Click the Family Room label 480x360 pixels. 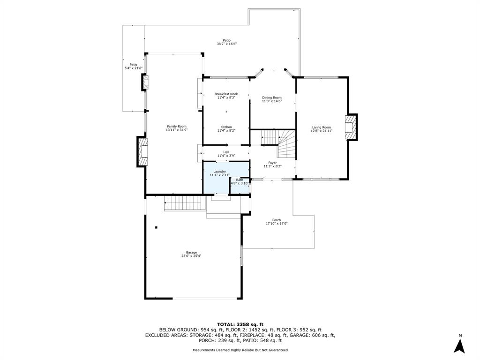tap(177, 127)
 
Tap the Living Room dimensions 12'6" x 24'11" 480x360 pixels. tap(322, 131)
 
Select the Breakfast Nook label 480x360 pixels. tap(226, 94)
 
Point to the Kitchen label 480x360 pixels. tap(226, 127)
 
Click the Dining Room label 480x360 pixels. tap(272, 97)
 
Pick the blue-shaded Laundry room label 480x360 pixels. tap(219, 172)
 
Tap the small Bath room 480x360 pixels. tap(240, 186)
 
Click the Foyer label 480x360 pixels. tap(272, 163)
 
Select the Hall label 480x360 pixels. tap(226, 152)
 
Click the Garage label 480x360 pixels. tap(191, 253)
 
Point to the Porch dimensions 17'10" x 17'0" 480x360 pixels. tap(277, 224)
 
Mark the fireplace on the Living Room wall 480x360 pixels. tap(351, 127)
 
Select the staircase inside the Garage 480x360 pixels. tap(185, 203)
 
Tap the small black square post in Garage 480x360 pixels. tap(156, 227)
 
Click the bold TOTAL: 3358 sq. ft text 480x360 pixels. tap(240, 324)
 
